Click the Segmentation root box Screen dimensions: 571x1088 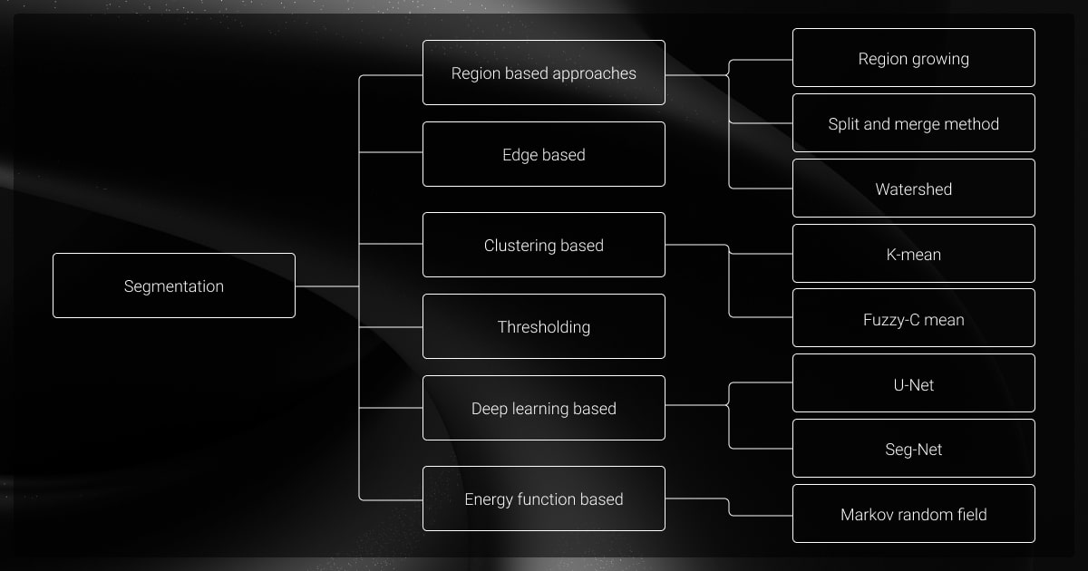174,285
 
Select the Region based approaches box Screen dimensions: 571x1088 544,73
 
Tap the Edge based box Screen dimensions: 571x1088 544,154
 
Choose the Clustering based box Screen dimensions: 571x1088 544,245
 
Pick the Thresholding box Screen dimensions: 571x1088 544,326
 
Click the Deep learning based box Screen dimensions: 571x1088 544,408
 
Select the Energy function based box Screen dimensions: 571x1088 544,498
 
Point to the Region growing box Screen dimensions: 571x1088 914,58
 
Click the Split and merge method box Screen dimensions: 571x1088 914,123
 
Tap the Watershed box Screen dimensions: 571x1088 914,189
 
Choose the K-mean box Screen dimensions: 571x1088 914,254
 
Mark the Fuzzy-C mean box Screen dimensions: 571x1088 914,318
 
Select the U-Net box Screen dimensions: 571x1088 914,383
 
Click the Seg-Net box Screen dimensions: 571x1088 914,449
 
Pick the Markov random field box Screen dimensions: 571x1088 914,514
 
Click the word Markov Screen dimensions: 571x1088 867,514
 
